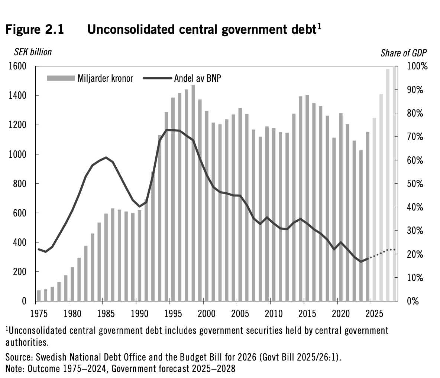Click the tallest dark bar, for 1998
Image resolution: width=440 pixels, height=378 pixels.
[x=193, y=193]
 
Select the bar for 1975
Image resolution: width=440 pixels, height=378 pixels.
[x=39, y=296]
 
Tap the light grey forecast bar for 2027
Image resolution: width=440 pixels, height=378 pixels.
[x=388, y=185]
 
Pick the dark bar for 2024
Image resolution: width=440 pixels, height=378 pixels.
[x=368, y=216]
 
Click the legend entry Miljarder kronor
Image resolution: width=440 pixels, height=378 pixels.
[x=90, y=78]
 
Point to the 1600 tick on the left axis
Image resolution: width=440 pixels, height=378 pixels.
[x=17, y=66]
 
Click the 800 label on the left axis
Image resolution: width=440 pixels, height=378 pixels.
[x=20, y=184]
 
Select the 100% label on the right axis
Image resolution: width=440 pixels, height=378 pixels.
[x=417, y=66]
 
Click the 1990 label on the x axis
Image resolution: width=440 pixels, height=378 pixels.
[x=139, y=313]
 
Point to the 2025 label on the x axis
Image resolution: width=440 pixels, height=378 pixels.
[x=374, y=313]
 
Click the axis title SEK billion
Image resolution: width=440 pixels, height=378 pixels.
[x=33, y=52]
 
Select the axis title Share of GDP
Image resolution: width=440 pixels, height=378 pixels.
[x=404, y=53]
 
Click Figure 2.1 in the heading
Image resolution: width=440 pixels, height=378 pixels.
[x=35, y=29]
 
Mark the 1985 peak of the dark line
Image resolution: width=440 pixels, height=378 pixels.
[x=106, y=157]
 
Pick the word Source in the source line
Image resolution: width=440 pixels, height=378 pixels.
[x=19, y=357]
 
